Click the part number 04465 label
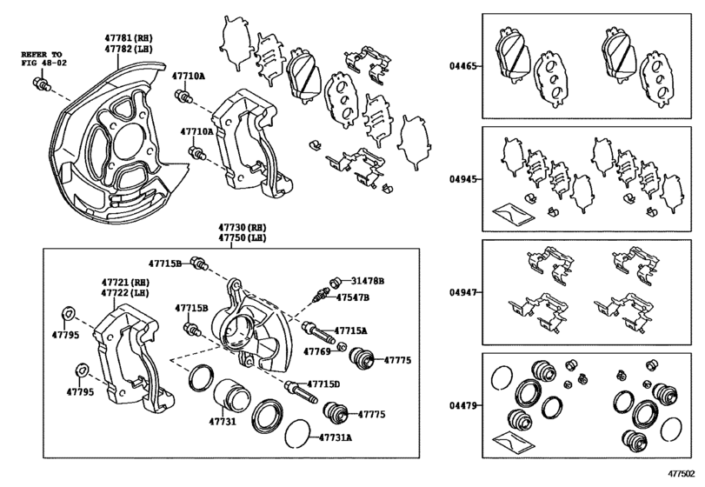point(461,66)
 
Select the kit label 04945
point(461,180)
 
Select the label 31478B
point(368,281)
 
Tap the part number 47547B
point(353,297)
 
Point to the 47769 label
point(317,351)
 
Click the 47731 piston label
point(222,423)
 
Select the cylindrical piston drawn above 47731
point(230,397)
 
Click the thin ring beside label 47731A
point(297,433)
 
